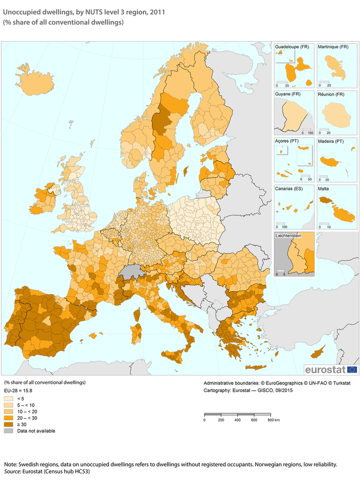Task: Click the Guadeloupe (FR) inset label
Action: click(292, 47)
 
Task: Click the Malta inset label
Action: click(323, 189)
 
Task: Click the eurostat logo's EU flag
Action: click(352, 370)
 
